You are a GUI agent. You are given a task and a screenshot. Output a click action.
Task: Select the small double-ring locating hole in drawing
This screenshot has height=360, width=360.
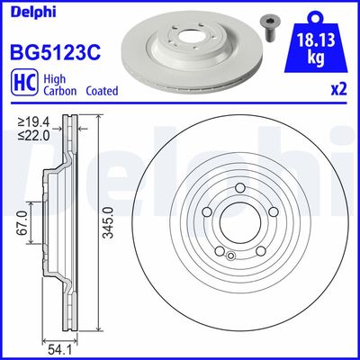click(230, 256)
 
